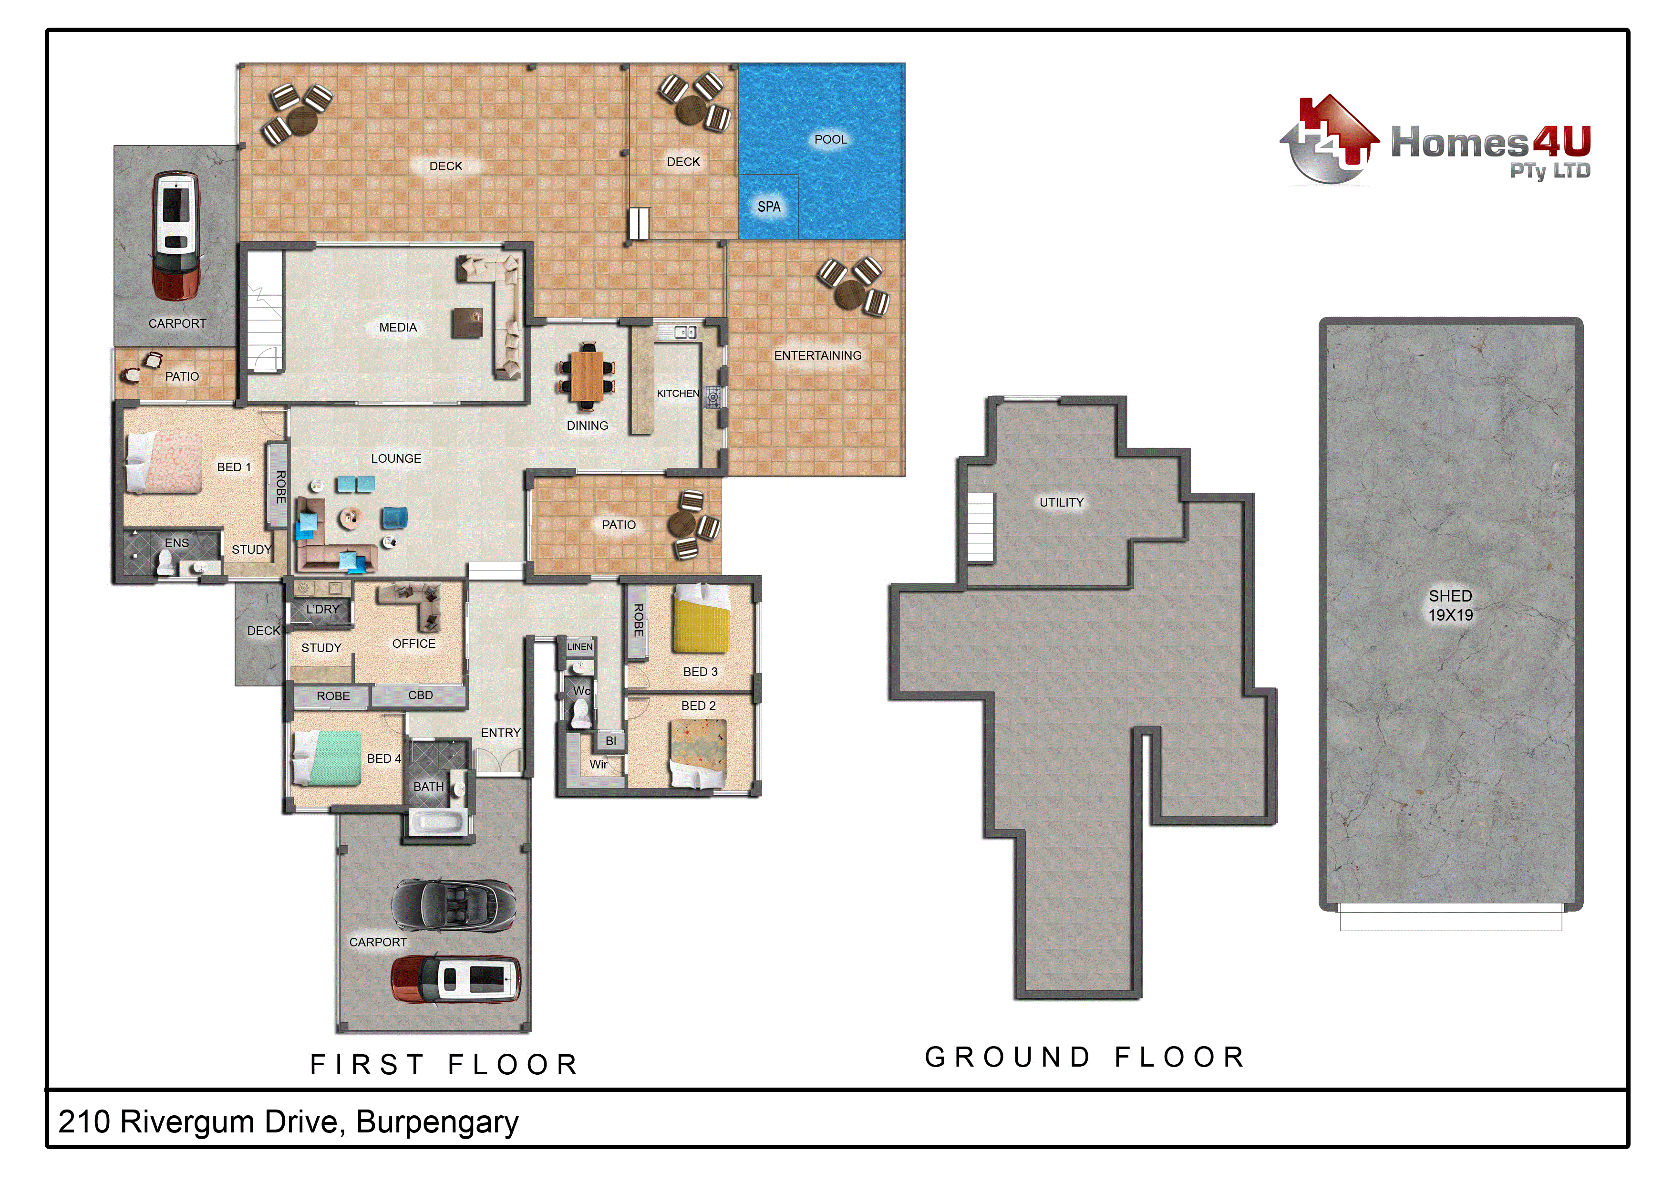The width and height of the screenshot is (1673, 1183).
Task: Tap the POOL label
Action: point(831,139)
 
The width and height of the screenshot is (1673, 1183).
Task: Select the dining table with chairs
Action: point(587,376)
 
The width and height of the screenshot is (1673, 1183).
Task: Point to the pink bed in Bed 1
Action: point(164,462)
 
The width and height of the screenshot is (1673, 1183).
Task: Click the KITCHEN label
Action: point(678,394)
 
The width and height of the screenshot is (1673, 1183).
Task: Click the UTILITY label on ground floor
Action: point(1061,502)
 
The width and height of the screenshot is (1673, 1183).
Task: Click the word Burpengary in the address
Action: point(437,1122)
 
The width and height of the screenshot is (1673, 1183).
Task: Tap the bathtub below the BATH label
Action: point(437,823)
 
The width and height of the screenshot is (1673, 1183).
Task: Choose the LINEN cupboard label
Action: point(580,646)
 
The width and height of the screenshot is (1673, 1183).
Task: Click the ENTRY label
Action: point(501,733)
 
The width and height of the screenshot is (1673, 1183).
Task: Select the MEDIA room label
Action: point(398,327)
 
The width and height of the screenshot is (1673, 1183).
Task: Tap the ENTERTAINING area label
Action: point(817,356)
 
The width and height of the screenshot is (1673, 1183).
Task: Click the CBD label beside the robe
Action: point(421,695)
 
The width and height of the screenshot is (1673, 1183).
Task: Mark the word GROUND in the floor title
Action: point(1008,1057)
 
